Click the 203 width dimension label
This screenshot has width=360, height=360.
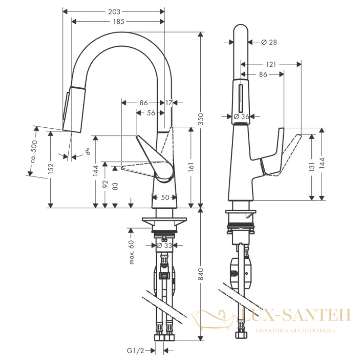(x=114, y=12)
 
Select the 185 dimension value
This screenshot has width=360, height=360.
(x=119, y=22)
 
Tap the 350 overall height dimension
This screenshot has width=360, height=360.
(x=201, y=119)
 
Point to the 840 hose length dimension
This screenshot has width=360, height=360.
(x=201, y=274)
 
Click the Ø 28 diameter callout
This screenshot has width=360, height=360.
(x=269, y=42)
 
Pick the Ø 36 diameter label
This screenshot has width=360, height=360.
(x=241, y=117)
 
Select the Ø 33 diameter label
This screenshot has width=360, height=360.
(x=164, y=245)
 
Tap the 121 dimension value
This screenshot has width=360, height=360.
(x=271, y=64)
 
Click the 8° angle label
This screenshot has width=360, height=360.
(x=87, y=151)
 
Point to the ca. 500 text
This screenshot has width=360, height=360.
(x=34, y=152)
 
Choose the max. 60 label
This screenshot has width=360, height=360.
(x=131, y=252)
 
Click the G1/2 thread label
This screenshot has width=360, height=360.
(x=135, y=351)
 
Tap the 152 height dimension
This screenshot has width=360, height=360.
(x=51, y=168)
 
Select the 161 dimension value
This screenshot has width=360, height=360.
(x=191, y=167)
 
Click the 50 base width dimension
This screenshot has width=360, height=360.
(x=165, y=197)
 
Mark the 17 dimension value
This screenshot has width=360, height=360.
(x=169, y=103)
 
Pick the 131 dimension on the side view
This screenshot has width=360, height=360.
(x=311, y=167)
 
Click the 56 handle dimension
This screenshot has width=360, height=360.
(x=151, y=113)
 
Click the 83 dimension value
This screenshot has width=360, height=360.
(x=115, y=186)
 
